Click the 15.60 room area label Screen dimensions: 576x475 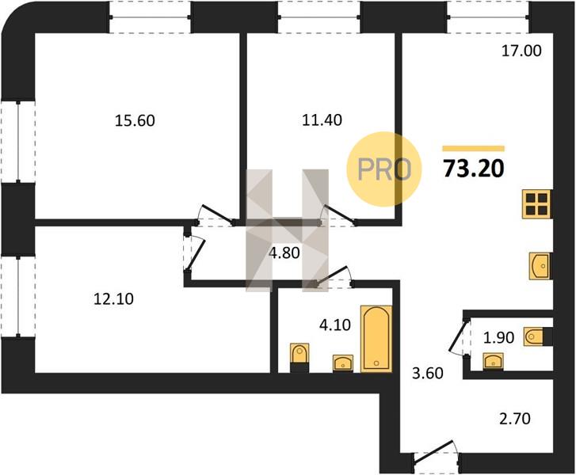pyautogui.click(x=135, y=120)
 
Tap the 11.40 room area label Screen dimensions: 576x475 pyautogui.click(x=322, y=120)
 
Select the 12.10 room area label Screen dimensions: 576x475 pyautogui.click(x=113, y=299)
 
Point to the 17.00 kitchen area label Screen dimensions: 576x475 pyautogui.click(x=521, y=51)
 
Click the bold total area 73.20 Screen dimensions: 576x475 pyautogui.click(x=474, y=169)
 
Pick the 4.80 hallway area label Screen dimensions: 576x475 pyautogui.click(x=284, y=253)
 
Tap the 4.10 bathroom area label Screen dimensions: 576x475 pyautogui.click(x=334, y=325)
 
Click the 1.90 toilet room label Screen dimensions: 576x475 pyautogui.click(x=498, y=337)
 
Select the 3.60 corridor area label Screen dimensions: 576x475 pyautogui.click(x=428, y=374)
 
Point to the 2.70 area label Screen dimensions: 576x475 pyautogui.click(x=515, y=419)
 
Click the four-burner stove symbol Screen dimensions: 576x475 pyautogui.click(x=536, y=204)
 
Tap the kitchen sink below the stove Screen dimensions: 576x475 pyautogui.click(x=540, y=266)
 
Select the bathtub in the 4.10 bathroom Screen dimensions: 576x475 pyautogui.click(x=376, y=339)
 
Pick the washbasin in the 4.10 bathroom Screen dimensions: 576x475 pyautogui.click(x=343, y=363)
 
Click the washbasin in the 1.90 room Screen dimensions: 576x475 pyautogui.click(x=493, y=361)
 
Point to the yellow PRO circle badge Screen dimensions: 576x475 pyautogui.click(x=384, y=169)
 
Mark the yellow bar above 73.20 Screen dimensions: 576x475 pyautogui.click(x=473, y=149)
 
